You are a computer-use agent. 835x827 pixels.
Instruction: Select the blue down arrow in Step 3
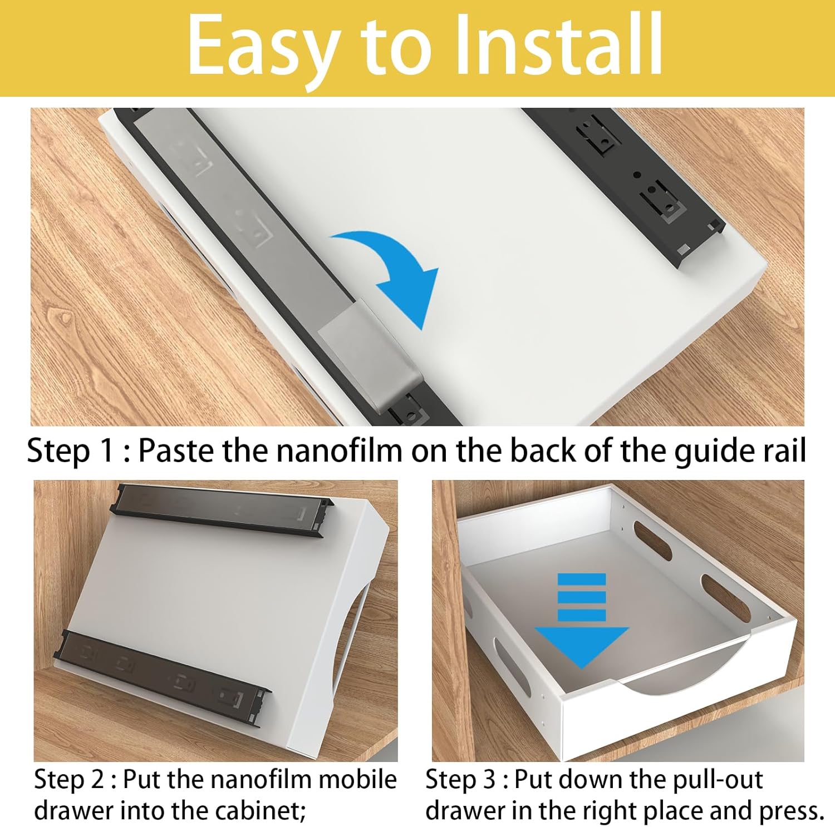coord(582,620)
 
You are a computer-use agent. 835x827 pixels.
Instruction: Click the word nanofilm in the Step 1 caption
coord(339,450)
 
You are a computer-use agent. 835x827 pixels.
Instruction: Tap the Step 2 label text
coord(69,780)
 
